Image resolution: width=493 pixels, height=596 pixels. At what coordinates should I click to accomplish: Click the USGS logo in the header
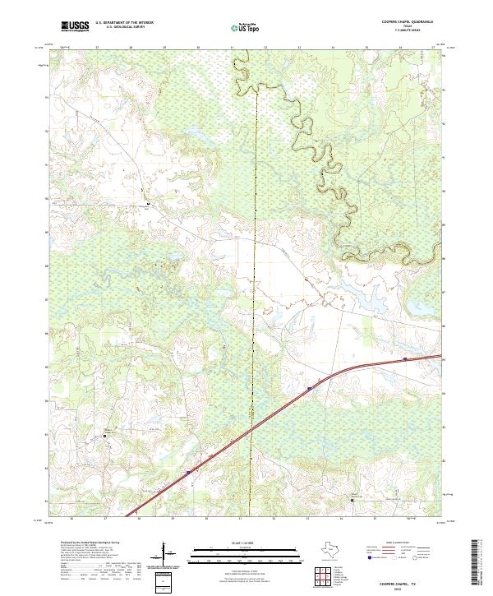coord(75,25)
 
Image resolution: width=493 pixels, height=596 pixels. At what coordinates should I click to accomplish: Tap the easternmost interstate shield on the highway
coord(406,359)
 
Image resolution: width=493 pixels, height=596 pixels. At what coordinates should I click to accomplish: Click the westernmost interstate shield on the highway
coord(188,472)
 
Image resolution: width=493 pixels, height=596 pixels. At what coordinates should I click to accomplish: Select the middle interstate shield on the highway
coord(309,389)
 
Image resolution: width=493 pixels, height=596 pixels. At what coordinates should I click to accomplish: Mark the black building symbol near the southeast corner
coord(352,498)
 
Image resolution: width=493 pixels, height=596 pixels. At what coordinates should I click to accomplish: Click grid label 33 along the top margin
coord(299,49)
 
